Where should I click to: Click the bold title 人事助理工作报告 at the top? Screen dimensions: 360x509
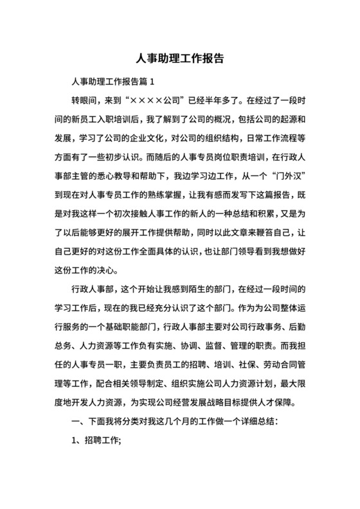coord(179,58)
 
